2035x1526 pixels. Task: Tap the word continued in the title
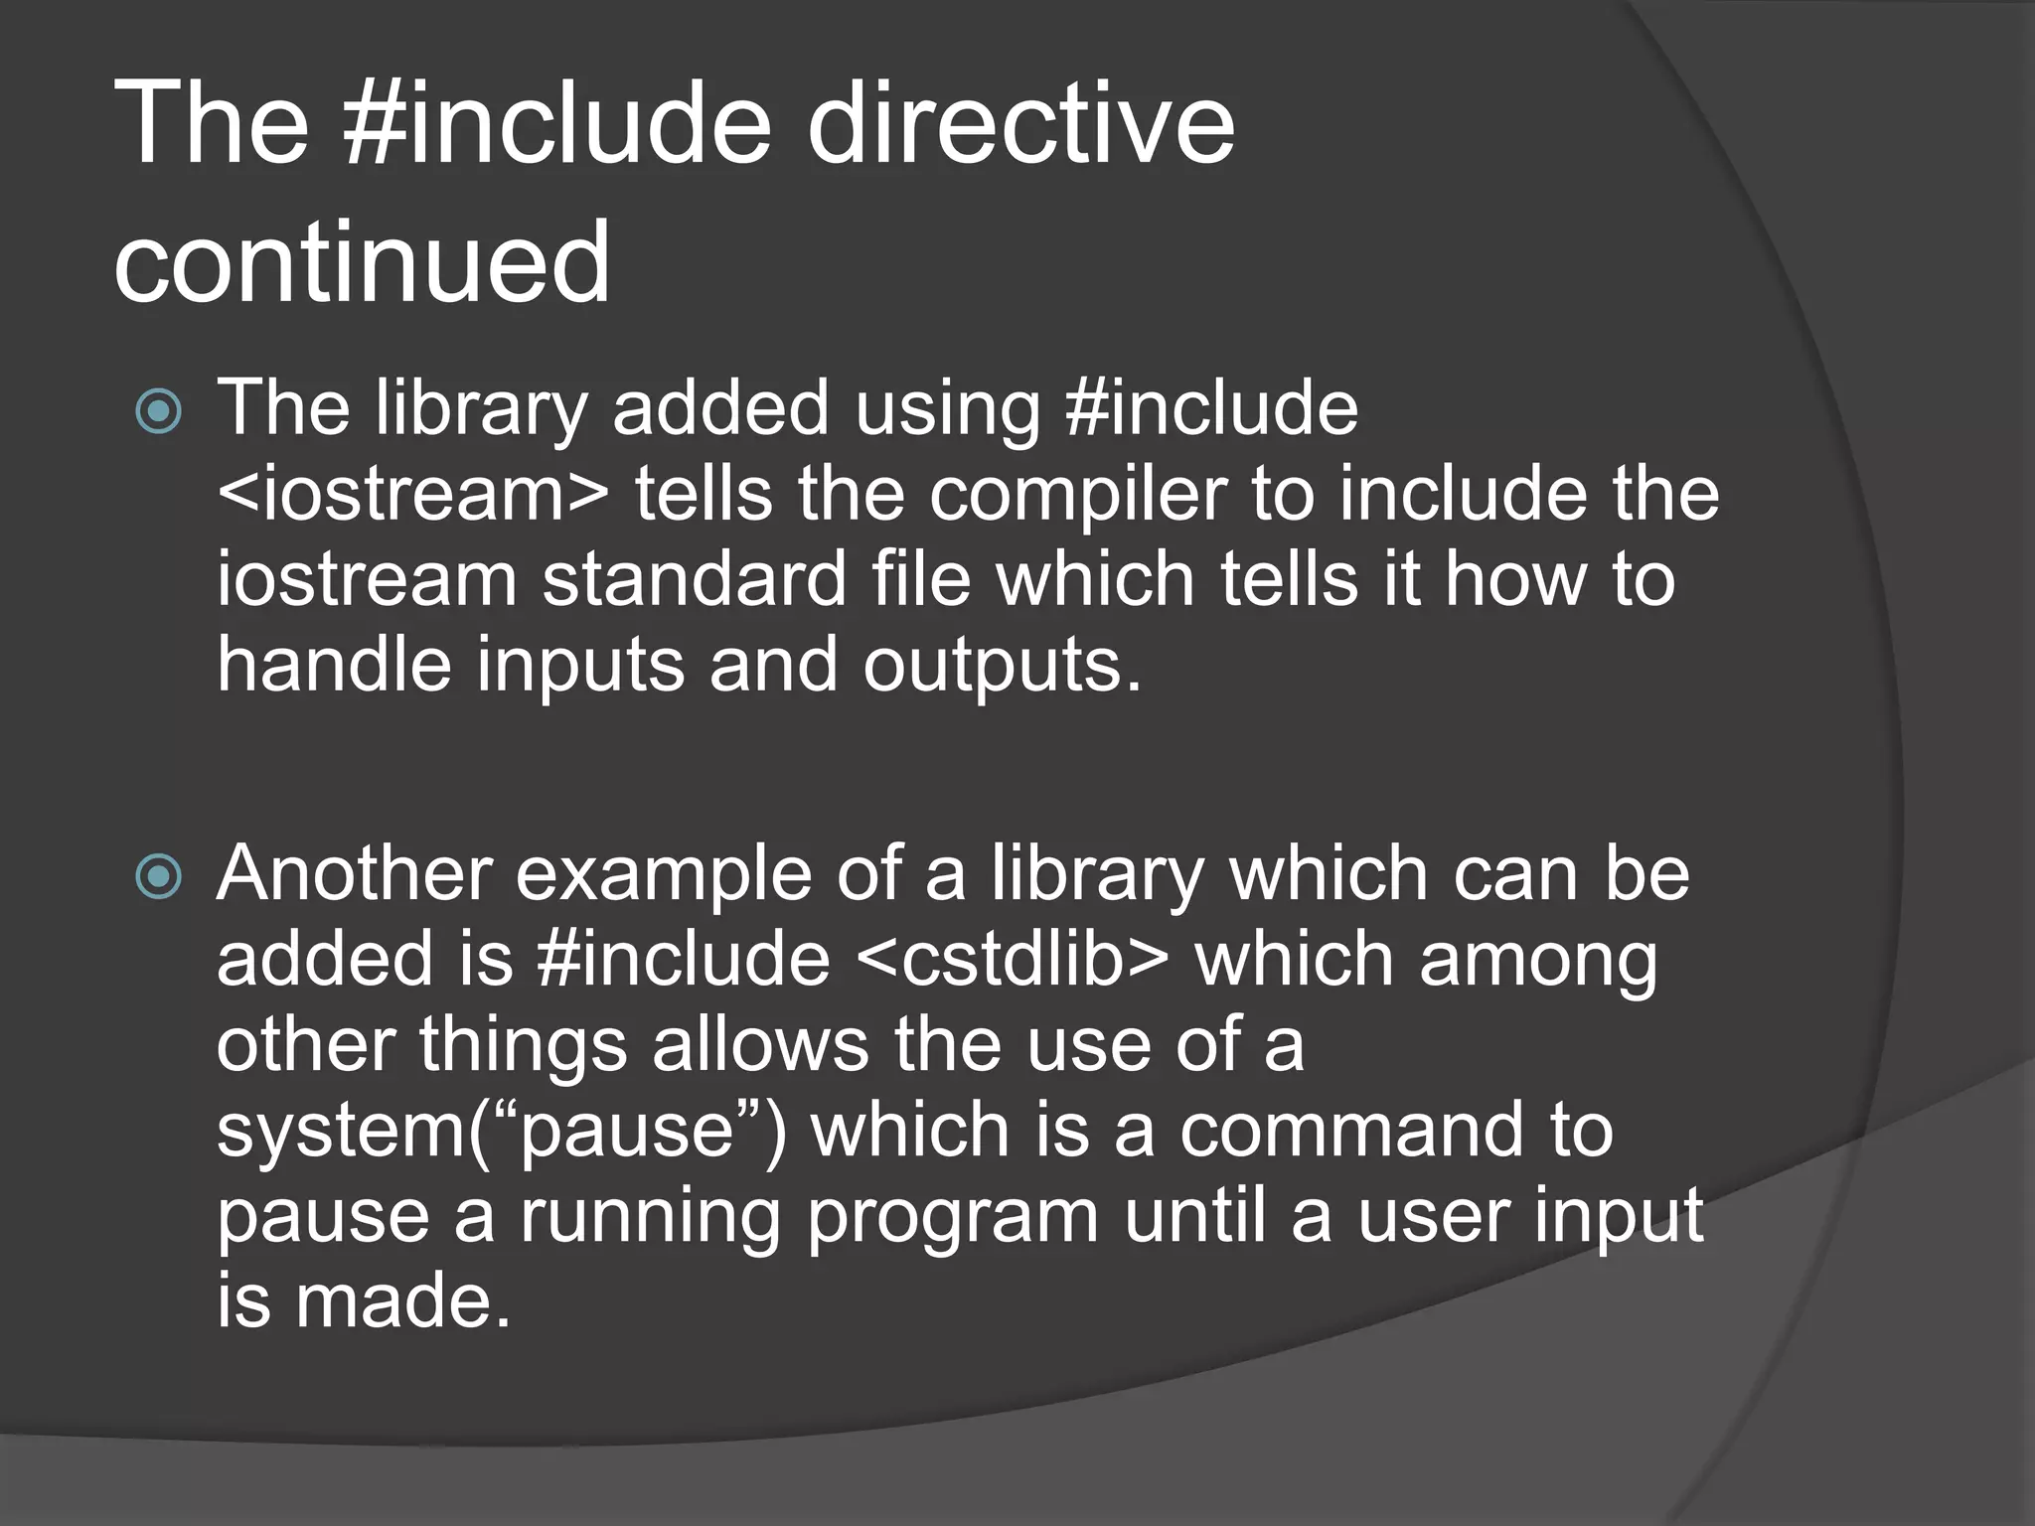362,262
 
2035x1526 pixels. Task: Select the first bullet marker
159,411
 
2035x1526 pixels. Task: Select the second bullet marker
159,876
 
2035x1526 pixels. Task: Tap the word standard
693,580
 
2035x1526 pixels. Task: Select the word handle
334,665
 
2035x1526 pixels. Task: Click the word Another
355,874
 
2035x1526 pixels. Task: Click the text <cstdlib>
1012,960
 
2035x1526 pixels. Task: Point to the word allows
760,1045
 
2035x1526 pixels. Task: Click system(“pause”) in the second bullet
501,1133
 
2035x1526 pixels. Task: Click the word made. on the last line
402,1301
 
